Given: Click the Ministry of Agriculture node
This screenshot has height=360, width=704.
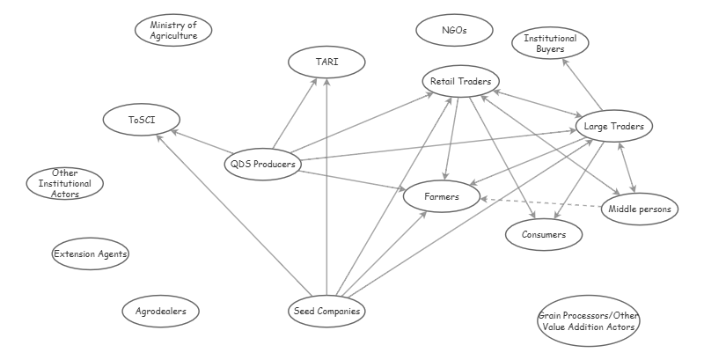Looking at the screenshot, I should click(x=173, y=31).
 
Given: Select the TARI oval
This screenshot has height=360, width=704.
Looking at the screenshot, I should click(x=326, y=62).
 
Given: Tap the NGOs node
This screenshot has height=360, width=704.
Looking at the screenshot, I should click(x=453, y=31).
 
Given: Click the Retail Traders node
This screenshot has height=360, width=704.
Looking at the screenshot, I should click(x=460, y=82).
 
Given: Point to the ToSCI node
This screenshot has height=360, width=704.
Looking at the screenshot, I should click(x=141, y=119).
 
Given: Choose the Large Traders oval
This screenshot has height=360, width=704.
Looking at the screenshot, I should click(x=613, y=127).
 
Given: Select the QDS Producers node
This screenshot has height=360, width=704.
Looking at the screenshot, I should click(x=261, y=163).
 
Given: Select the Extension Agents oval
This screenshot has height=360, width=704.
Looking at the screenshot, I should click(x=91, y=254).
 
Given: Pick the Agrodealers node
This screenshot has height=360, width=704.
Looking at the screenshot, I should click(x=161, y=311).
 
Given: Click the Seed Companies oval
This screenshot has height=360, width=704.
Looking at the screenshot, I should click(x=326, y=311).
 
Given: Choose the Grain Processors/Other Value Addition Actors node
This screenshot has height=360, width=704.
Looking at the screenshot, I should click(x=587, y=321).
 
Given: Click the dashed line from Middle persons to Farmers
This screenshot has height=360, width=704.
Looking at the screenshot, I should click(x=541, y=203).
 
